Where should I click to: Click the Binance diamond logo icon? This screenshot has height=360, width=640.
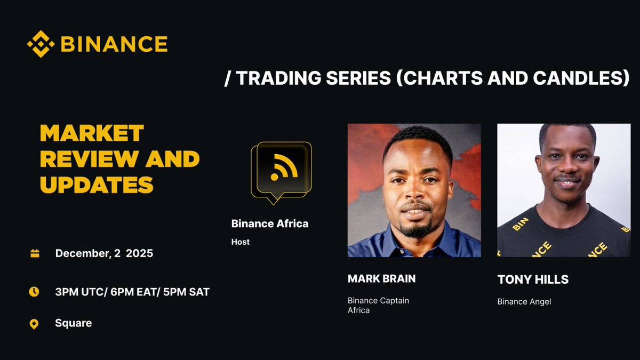coord(41,44)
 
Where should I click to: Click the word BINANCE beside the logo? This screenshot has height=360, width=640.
coord(114,44)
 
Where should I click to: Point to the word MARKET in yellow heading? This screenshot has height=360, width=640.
coord(92,133)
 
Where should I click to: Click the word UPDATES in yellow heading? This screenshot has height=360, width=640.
coord(97,185)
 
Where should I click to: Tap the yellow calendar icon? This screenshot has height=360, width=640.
coord(35,253)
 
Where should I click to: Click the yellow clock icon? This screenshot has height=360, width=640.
coord(34,292)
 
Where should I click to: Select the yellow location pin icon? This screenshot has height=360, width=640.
coord(34,324)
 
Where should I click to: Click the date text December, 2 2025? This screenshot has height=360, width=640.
coord(104,253)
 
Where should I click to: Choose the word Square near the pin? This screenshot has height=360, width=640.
coord(73,323)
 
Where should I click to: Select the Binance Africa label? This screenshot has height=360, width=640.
coord(270,223)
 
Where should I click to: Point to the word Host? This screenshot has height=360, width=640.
coord(241,242)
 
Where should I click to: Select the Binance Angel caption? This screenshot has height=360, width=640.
coord(524,301)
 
